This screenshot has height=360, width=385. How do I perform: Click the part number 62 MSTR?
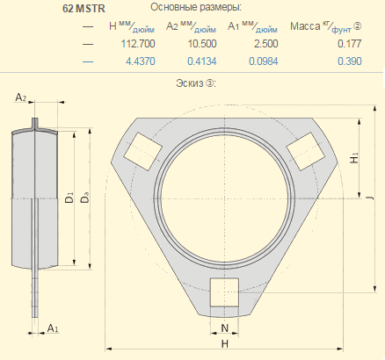[x=84, y=9]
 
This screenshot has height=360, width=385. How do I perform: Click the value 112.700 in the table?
[x=138, y=44]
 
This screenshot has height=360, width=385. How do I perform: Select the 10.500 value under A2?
[x=202, y=44]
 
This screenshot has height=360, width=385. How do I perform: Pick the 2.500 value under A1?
[x=266, y=44]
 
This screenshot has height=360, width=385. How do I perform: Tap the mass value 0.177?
[x=350, y=44]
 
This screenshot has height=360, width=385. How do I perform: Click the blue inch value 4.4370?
[x=141, y=61]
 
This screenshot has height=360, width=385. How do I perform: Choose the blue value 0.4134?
[x=202, y=61]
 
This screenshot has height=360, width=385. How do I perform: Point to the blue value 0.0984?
[x=264, y=61]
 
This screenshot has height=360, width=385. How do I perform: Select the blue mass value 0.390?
[x=350, y=61]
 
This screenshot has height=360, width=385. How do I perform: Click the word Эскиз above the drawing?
[x=190, y=83]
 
